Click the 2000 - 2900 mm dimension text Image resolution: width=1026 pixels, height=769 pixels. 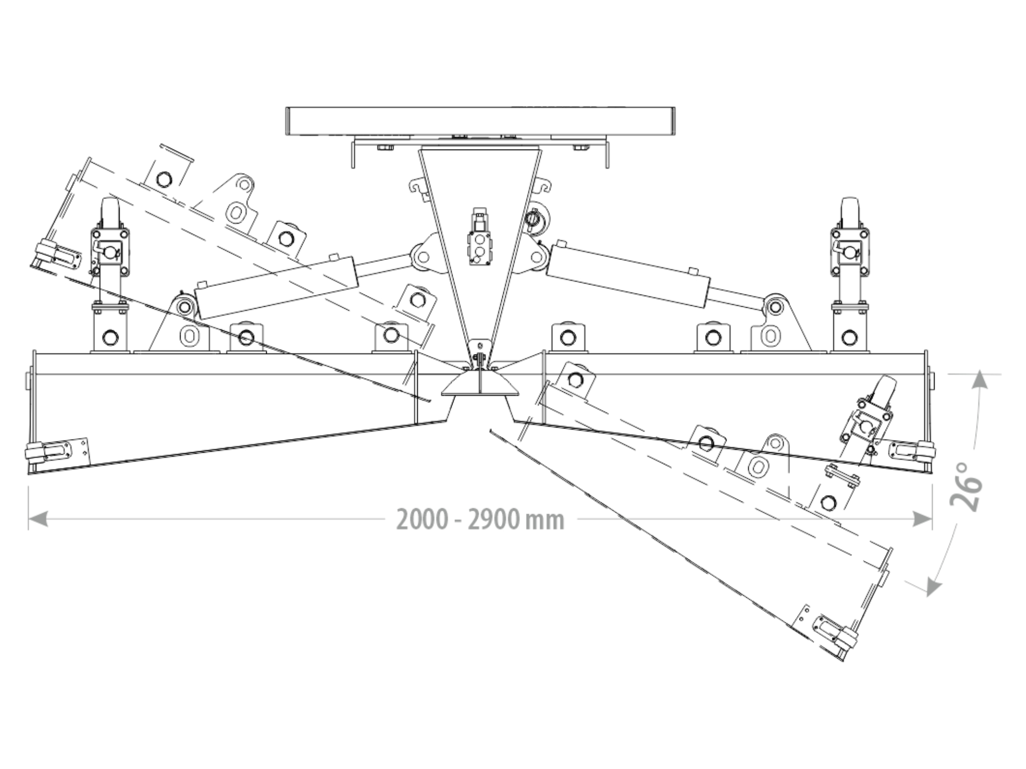(480, 519)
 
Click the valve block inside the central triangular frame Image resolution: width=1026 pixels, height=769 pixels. (478, 244)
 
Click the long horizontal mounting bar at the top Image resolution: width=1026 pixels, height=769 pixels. (480, 121)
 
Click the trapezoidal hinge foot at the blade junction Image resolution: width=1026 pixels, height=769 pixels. (480, 385)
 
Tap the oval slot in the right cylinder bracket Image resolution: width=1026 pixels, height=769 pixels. (771, 336)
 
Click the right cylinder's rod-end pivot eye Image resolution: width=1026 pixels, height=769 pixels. (774, 307)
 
